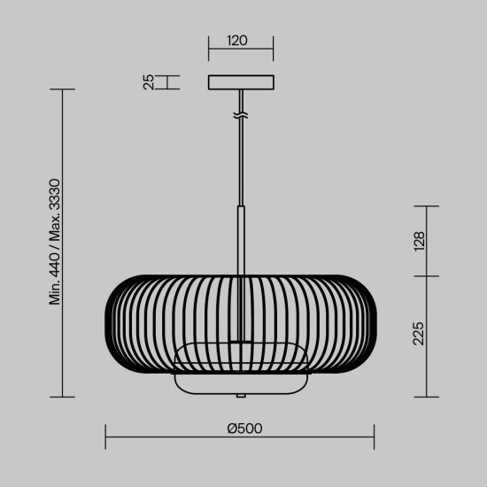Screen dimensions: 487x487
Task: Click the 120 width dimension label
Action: pos(236,41)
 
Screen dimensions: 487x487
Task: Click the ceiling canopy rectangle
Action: pos(242,82)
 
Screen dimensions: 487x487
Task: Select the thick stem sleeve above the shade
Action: pos(241,239)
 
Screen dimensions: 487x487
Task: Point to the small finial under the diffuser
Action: pos(241,395)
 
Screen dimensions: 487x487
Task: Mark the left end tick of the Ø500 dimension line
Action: pos(106,436)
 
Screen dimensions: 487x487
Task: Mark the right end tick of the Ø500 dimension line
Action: pos(375,436)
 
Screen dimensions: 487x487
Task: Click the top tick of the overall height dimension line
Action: pos(61,89)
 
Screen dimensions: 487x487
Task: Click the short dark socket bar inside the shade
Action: pos(241,341)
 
